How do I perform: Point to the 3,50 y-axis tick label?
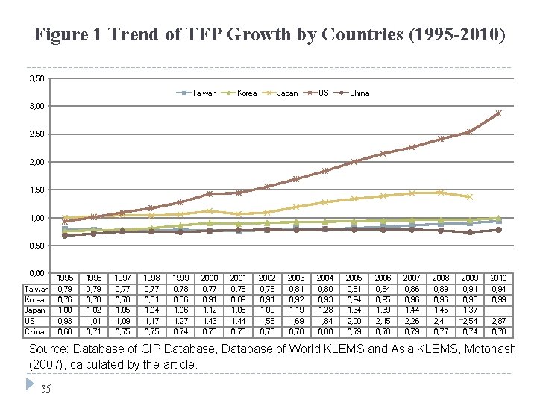36,78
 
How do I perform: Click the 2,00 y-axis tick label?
36,162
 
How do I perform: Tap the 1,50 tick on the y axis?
36,190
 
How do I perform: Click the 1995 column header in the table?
65,278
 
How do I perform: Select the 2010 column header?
498,278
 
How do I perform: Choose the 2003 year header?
296,278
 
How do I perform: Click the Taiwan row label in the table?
37,289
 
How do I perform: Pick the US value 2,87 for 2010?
498,320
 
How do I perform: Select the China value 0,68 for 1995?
65,331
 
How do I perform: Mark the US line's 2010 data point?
498,113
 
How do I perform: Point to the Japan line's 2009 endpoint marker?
469,197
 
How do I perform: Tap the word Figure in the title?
58,34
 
